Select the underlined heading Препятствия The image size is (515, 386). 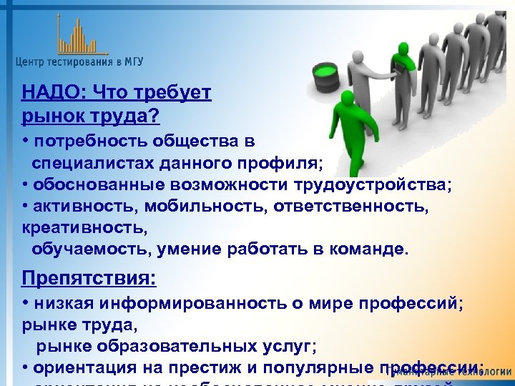[x=89, y=277]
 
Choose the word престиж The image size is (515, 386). [x=198, y=368]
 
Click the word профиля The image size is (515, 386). [x=285, y=164]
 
